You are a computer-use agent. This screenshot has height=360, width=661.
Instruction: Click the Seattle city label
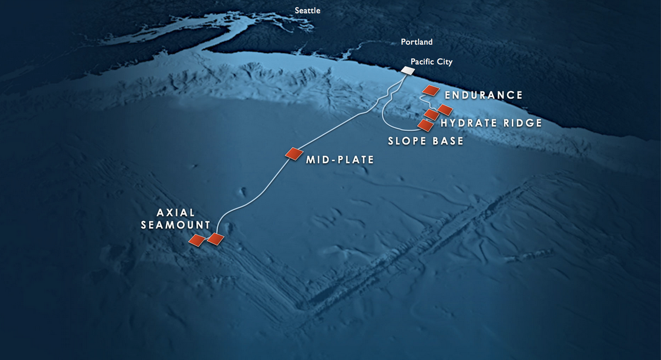307,10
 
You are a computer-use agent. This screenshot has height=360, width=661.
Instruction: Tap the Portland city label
417,42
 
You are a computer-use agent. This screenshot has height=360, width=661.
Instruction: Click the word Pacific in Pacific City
423,62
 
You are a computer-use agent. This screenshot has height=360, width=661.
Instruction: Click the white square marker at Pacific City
408,71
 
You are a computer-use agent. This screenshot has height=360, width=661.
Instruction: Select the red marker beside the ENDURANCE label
430,90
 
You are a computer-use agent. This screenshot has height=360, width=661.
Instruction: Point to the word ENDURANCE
483,95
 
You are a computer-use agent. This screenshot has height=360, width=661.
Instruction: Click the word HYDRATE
468,123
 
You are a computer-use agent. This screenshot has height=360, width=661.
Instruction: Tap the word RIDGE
521,123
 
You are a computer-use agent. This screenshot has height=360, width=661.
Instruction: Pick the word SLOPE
407,141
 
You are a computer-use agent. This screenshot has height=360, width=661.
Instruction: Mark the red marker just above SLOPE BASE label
425,125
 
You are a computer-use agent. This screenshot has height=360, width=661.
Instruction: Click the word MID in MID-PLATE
317,160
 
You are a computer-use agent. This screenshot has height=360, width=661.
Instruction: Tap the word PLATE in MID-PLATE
354,160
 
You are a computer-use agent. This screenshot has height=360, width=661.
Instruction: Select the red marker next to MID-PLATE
294,154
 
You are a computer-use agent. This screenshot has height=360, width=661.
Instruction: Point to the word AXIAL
176,213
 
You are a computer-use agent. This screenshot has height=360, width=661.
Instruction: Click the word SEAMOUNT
176,225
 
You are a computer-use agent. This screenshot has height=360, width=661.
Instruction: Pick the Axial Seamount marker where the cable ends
215,239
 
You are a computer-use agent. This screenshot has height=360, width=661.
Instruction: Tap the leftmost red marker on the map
197,241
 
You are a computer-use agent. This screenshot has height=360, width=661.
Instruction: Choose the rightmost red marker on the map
445,110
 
